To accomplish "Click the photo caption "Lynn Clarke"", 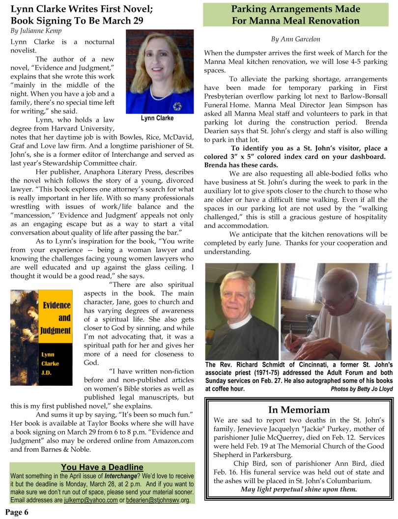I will [157, 118].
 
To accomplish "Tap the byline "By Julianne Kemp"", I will [36, 31].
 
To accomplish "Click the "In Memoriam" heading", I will [299, 410].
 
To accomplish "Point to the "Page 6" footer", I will [17, 512].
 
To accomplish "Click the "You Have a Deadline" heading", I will [102, 467].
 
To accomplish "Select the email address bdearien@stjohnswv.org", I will [157, 500].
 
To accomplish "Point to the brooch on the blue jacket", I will [177, 106].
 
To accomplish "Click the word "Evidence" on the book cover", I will [57, 305].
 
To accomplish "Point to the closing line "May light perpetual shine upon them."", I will [299, 490].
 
